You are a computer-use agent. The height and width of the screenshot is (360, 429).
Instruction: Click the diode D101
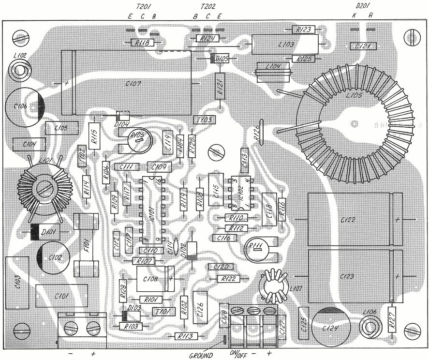[44, 233]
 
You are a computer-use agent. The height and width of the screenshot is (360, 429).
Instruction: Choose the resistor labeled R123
[304, 30]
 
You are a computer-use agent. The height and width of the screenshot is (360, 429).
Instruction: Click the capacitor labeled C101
[61, 296]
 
